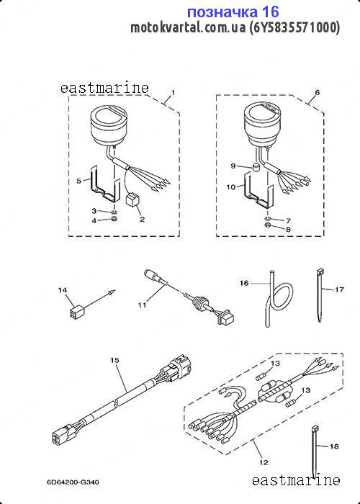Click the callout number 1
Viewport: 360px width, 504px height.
click(173, 93)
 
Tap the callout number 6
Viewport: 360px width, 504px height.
click(318, 93)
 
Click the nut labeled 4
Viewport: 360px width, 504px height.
click(114, 220)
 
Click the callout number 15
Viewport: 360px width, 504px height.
click(114, 360)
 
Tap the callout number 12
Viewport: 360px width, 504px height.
click(264, 462)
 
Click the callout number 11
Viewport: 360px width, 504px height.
click(143, 305)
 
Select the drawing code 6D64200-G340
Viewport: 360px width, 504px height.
click(73, 482)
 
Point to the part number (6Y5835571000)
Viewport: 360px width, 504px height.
click(294, 28)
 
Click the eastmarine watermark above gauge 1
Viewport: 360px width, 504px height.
click(104, 88)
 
